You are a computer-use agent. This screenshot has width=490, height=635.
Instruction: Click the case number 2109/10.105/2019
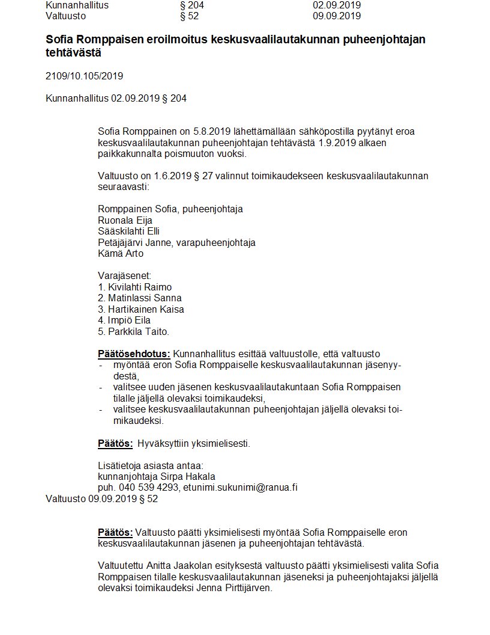click(84, 76)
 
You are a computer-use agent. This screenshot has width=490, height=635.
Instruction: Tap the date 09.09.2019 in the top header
click(337, 16)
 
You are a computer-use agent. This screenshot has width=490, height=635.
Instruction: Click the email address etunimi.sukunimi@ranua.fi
click(240, 488)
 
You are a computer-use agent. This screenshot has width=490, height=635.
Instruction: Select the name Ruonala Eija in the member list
click(125, 220)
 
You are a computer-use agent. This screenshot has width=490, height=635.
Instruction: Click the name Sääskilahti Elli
click(129, 231)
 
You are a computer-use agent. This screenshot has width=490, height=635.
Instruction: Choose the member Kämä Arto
click(120, 253)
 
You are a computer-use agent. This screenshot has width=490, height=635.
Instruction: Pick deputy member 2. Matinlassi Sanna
click(139, 298)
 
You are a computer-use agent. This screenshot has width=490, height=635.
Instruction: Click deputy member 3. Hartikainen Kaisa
click(141, 309)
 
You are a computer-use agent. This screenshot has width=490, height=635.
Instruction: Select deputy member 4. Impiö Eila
click(124, 320)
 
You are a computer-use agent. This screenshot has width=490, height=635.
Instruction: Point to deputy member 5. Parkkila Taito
click(133, 331)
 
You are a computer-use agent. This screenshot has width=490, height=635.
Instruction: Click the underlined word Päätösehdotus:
click(134, 354)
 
